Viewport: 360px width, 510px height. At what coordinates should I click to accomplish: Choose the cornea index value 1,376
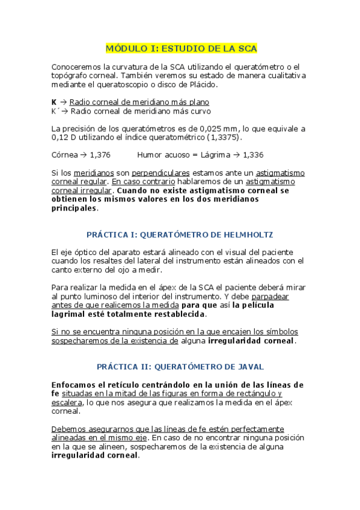100,155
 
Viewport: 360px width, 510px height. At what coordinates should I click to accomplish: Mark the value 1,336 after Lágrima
251,155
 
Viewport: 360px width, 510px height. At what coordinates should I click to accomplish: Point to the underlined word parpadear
270,296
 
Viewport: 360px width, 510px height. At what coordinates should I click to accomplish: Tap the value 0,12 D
62,137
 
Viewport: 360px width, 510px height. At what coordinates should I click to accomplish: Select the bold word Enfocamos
75,384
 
